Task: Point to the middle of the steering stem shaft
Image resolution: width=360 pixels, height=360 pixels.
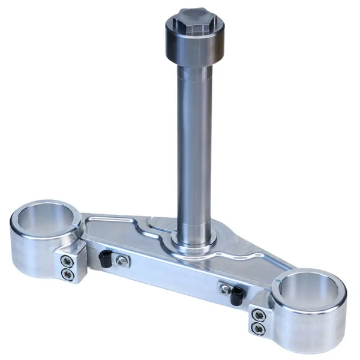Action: (194, 150)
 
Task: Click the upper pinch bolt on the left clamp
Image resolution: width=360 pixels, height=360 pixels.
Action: (67, 261)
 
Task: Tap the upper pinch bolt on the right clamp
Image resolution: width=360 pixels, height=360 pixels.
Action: (258, 314)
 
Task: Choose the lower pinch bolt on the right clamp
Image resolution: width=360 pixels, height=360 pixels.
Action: (259, 328)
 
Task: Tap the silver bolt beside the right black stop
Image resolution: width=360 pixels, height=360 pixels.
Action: (224, 289)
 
